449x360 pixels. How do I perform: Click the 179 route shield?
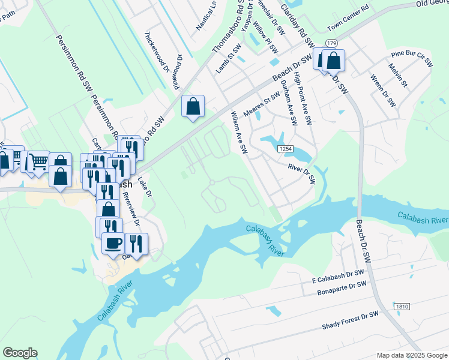331,41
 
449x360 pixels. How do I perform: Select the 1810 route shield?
402,307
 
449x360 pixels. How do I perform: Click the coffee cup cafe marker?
113,243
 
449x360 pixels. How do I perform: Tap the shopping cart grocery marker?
38,160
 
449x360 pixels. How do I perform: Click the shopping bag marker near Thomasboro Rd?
193,106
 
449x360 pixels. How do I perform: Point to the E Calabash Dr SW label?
338,277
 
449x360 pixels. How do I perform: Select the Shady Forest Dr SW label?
351,320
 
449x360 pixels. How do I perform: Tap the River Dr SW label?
301,175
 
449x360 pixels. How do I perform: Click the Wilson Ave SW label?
240,133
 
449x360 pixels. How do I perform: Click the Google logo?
20,353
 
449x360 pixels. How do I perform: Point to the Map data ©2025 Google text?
412,354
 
